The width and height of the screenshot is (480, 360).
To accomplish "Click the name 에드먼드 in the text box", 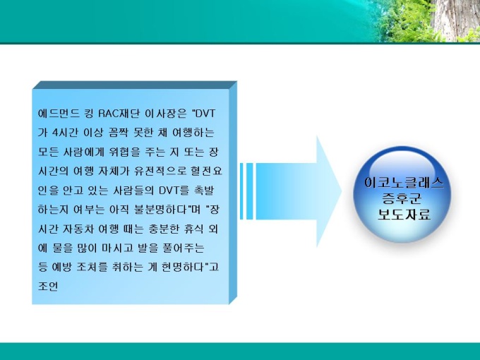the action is [58, 114].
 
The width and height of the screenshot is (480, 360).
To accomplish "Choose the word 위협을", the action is [124, 152].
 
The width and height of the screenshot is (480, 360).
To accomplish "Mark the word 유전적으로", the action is [160, 171].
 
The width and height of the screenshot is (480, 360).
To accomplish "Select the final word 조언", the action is [48, 287].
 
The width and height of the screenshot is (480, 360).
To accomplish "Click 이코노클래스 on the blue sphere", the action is [404, 183].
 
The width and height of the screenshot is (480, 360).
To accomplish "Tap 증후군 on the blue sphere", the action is [402, 198].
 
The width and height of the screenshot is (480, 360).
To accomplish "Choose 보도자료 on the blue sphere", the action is [404, 215].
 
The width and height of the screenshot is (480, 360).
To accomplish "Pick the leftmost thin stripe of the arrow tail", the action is [241, 191].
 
